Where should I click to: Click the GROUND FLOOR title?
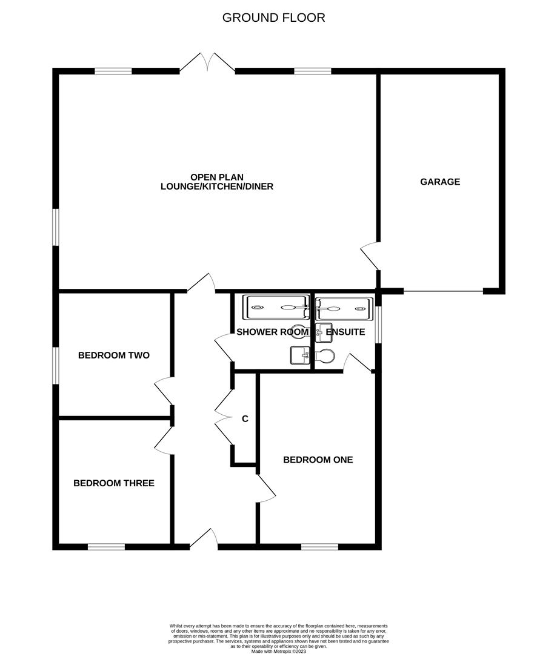(x=273, y=18)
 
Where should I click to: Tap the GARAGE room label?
(x=440, y=182)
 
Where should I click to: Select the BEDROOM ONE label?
(x=318, y=460)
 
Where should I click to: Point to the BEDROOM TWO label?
(x=114, y=355)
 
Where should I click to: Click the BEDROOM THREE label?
(x=114, y=483)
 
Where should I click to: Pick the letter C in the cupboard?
(x=245, y=418)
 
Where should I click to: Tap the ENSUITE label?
(x=345, y=332)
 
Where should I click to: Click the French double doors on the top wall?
(x=207, y=63)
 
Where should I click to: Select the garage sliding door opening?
(x=444, y=292)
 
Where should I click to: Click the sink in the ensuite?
(x=323, y=332)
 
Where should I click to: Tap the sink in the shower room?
(x=299, y=355)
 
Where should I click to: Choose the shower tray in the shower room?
(x=276, y=307)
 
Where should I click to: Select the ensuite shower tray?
(x=343, y=308)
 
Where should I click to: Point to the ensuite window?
(x=378, y=325)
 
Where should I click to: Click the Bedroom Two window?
(x=56, y=365)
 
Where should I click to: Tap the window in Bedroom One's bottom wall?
(x=319, y=547)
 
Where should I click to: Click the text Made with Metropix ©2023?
(x=278, y=651)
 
